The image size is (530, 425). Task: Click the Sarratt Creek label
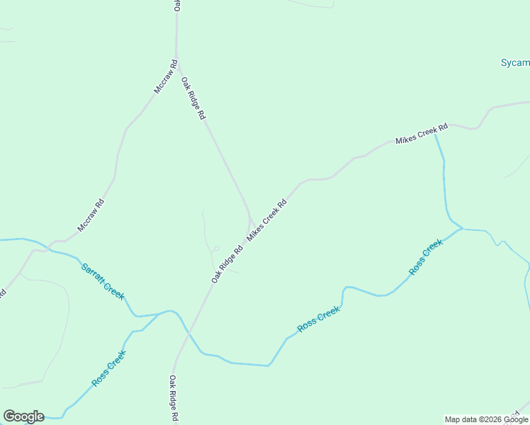point(103,280)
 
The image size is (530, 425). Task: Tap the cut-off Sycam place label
point(515,62)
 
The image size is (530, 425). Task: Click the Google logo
point(23,416)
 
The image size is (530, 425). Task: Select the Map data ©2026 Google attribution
point(486,419)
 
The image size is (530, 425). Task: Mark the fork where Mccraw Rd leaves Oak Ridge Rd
point(176,58)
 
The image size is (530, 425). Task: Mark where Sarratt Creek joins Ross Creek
point(170,311)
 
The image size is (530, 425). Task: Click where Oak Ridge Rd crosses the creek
point(188,332)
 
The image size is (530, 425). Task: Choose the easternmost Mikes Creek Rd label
point(422,134)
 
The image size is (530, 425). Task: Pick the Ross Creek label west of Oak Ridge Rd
point(108,368)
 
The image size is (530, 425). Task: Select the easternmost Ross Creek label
point(426,257)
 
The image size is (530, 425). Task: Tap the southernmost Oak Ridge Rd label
point(173,400)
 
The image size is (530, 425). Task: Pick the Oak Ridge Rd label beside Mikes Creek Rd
point(227,264)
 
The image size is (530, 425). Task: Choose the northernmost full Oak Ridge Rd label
point(193,98)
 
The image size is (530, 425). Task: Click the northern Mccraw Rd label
point(165,78)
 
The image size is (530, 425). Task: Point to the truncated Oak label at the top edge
point(177,6)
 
